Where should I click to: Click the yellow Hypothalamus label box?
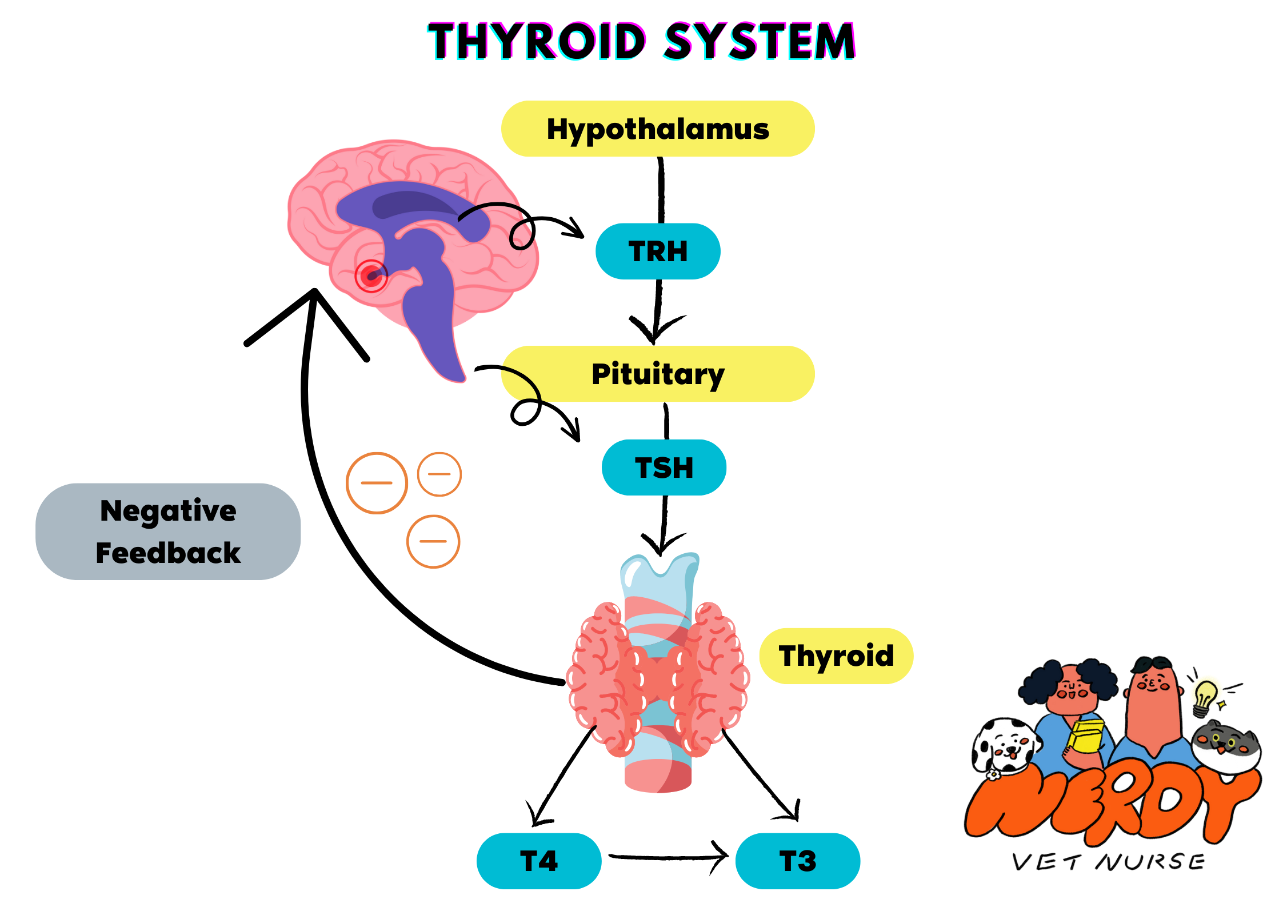[657, 129]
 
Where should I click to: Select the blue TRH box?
[658, 251]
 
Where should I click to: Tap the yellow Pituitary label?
[657, 374]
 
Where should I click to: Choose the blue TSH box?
[664, 468]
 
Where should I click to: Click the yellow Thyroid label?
[836, 656]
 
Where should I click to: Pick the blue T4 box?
[538, 861]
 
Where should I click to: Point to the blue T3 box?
[797, 861]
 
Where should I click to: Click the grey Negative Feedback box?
[168, 532]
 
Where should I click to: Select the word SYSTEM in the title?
[760, 41]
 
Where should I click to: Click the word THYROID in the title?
[537, 41]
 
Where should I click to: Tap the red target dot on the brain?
[371, 277]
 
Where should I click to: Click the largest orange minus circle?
[377, 483]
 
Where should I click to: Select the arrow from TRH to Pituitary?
[657, 311]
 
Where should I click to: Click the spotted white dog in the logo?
[1005, 746]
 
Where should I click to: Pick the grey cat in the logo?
[1226, 746]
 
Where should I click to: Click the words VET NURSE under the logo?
[1109, 862]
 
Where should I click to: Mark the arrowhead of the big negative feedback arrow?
[314, 294]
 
